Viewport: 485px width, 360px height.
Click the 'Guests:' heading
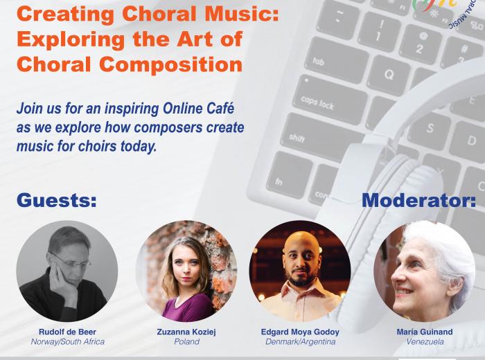pyautogui.click(x=57, y=200)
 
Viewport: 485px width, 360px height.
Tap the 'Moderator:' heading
pyautogui.click(x=418, y=200)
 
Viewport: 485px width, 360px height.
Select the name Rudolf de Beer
pyautogui.click(x=67, y=332)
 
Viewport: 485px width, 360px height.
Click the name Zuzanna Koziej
pyautogui.click(x=186, y=332)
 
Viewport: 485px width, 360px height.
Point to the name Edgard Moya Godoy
pyautogui.click(x=300, y=332)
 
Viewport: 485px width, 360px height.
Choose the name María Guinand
pyautogui.click(x=425, y=332)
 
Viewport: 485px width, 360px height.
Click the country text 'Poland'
pyautogui.click(x=186, y=342)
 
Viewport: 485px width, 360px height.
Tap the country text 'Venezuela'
pyautogui.click(x=425, y=342)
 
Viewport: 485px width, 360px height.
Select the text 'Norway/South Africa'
pyautogui.click(x=68, y=342)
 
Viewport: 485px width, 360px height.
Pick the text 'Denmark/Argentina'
pyautogui.click(x=300, y=342)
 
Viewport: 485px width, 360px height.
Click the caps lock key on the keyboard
pyautogui.click(x=330, y=99)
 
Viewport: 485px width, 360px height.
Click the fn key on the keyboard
pyautogui.click(x=287, y=175)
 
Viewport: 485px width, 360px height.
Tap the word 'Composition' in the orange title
pyautogui.click(x=170, y=65)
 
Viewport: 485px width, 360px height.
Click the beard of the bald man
pyautogui.click(x=300, y=278)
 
